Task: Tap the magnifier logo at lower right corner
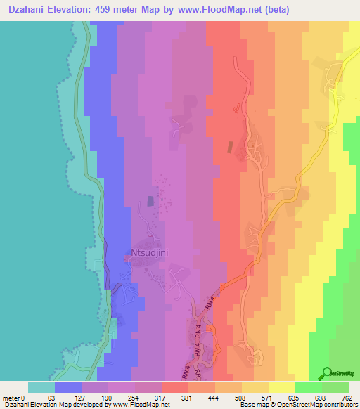(327, 373)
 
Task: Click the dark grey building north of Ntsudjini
(150, 201)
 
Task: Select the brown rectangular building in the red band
(229, 148)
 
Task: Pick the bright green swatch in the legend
(308, 387)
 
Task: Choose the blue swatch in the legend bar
(68, 387)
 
